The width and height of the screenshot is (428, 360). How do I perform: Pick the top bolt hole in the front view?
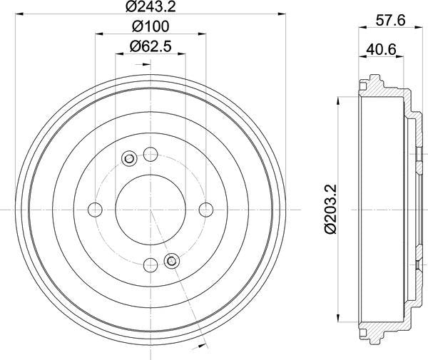click(150, 153)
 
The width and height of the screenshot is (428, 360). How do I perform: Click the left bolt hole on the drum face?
click(94, 209)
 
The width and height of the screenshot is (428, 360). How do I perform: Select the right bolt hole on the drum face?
click(206, 209)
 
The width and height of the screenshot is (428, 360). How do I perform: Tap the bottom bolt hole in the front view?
click(150, 265)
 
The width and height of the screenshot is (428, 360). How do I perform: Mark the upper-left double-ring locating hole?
click(129, 158)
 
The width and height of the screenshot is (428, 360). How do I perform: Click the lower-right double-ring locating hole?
click(170, 260)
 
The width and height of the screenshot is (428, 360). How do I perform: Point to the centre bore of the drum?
click(150, 209)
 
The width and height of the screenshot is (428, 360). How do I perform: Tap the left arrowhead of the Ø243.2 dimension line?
click(18, 15)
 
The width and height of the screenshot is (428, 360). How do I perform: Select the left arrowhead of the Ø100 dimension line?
click(98, 34)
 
